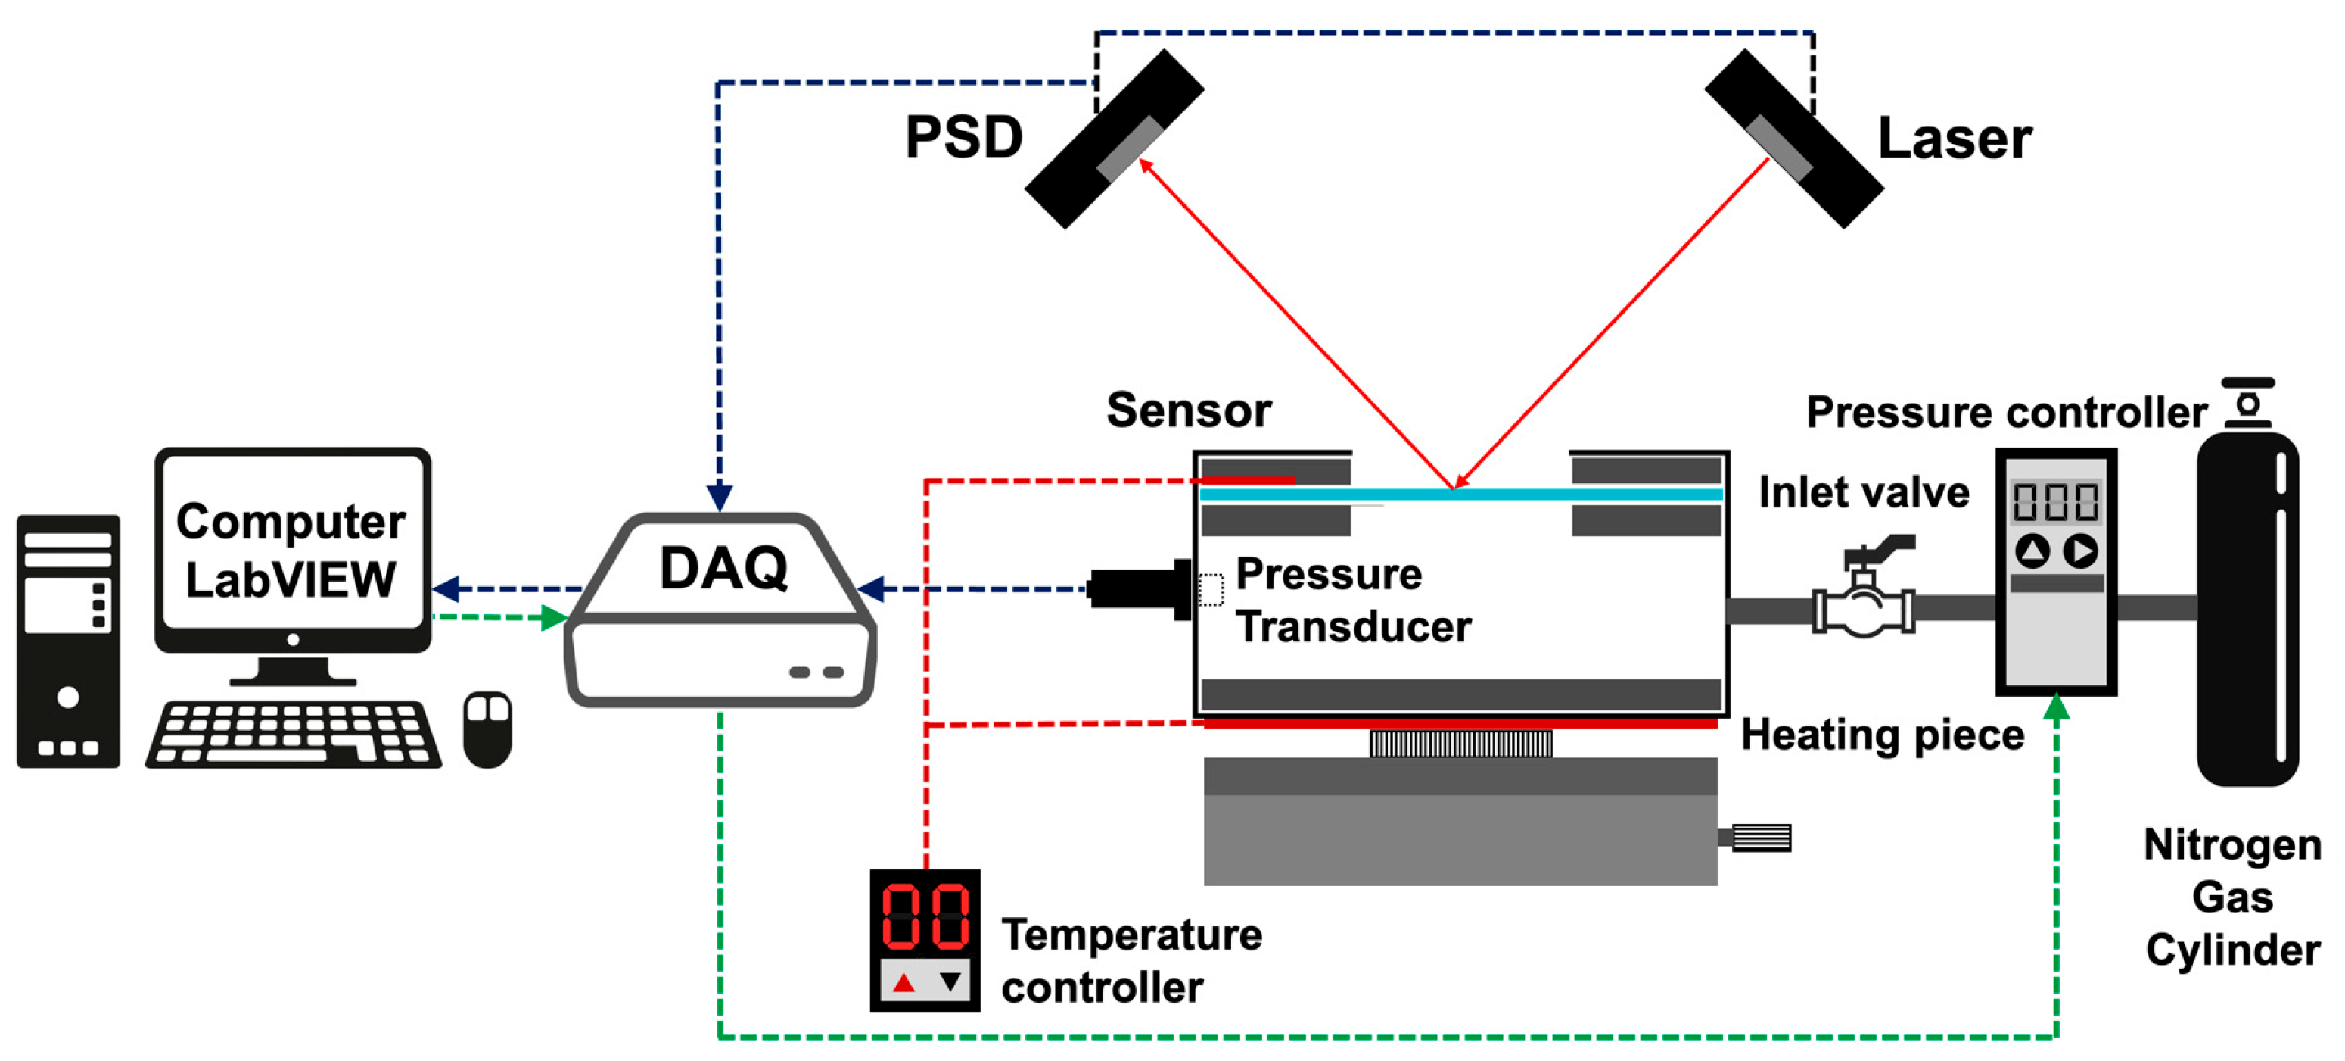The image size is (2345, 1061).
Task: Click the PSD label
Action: tap(963, 138)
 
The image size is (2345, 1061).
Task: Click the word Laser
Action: tap(1955, 139)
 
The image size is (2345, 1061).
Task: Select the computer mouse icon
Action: tap(487, 729)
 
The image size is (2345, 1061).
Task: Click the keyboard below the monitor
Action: tap(293, 733)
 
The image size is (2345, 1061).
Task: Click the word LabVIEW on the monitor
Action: tap(291, 579)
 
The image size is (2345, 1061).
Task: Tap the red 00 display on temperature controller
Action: tap(925, 916)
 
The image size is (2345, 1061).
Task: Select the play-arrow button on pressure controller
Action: tap(2080, 550)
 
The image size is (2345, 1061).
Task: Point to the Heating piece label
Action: tap(1882, 734)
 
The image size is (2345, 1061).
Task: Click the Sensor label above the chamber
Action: tap(1188, 410)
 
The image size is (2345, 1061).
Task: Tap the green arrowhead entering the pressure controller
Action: tap(2055, 707)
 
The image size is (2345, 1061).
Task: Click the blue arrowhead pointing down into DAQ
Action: tap(719, 498)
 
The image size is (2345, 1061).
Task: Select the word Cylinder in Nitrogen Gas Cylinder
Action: tap(2232, 950)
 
